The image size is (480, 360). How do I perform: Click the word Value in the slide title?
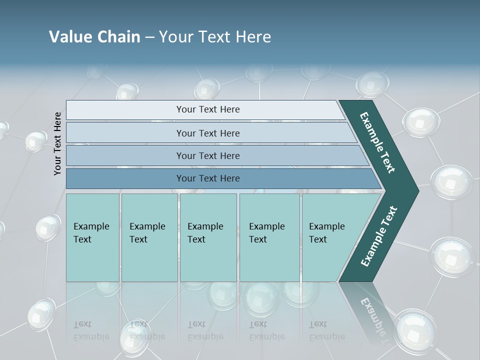click(69, 37)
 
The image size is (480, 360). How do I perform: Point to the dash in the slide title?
click(149, 37)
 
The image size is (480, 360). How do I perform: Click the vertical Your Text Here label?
click(57, 143)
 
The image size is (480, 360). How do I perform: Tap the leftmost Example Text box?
click(92, 237)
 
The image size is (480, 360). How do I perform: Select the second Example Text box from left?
click(149, 237)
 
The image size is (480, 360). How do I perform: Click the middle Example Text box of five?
click(208, 237)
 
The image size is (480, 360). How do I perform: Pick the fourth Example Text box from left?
click(269, 237)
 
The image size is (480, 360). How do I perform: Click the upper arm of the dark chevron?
click(377, 142)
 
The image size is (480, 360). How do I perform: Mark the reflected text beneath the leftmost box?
click(91, 330)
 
